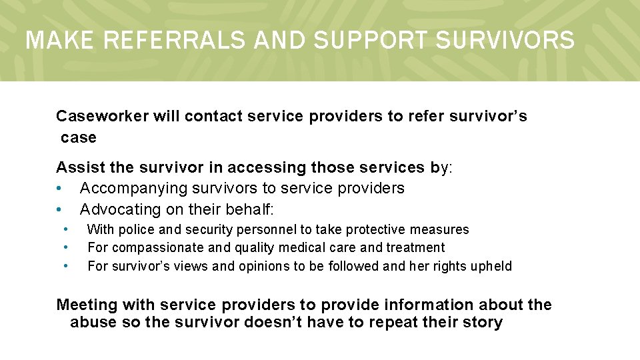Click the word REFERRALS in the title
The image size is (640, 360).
click(175, 41)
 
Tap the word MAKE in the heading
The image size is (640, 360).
click(61, 41)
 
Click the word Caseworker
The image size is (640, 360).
click(103, 117)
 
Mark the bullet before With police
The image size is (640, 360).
click(66, 229)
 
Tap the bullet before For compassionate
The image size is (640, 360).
click(66, 247)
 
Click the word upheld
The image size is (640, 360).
click(491, 267)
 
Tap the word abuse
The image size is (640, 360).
click(91, 323)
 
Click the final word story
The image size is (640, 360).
click(483, 323)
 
